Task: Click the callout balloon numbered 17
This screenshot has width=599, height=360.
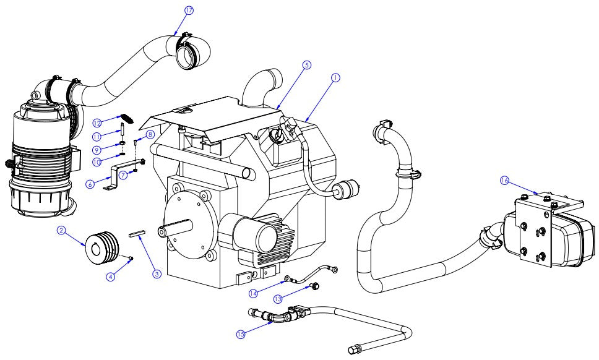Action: pos(189,11)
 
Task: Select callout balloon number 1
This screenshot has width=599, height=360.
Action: pos(335,78)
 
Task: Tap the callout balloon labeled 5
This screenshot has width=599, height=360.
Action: pos(306,64)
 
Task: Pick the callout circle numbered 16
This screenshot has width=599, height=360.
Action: pos(504,180)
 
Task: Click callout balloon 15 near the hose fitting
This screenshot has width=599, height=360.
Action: pos(241,334)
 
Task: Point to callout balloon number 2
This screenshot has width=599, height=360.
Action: pos(61,230)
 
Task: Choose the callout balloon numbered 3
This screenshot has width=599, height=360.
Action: pos(157,273)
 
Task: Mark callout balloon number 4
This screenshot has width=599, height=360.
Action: pos(110,276)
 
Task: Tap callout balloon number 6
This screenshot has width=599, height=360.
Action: pos(90,184)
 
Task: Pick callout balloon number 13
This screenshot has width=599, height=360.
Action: pos(278,299)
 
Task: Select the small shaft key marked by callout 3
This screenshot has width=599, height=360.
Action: pos(136,234)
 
